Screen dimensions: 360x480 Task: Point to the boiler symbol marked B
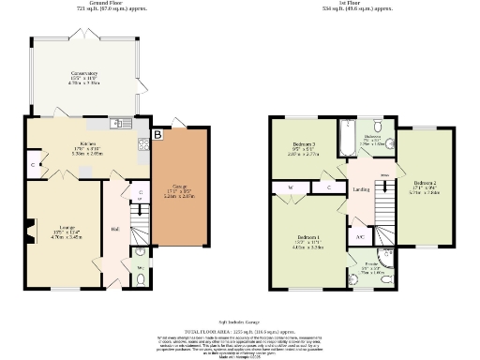coord(157,136)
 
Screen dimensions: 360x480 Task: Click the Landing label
coord(361,192)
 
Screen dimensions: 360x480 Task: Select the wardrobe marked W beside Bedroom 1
coord(292,188)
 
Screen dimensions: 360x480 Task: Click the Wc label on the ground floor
coord(141,267)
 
